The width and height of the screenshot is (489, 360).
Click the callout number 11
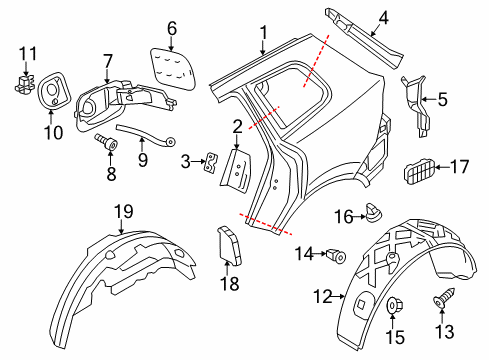28,54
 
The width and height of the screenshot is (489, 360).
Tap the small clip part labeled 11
24,83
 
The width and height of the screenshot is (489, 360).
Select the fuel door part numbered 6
172,68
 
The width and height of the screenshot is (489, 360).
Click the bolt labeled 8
106,142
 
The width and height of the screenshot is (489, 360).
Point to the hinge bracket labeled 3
211,162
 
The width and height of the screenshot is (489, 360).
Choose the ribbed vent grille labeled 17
420,171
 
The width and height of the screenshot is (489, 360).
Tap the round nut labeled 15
394,305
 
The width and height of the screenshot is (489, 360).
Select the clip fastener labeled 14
337,256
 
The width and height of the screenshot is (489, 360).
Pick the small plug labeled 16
373,212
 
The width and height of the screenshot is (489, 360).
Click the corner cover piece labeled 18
229,245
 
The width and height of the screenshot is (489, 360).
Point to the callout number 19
124,211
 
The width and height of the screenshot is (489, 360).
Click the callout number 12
323,296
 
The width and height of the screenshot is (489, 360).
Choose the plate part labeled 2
236,170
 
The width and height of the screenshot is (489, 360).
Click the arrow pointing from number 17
442,167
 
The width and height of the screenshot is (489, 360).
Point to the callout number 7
107,61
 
